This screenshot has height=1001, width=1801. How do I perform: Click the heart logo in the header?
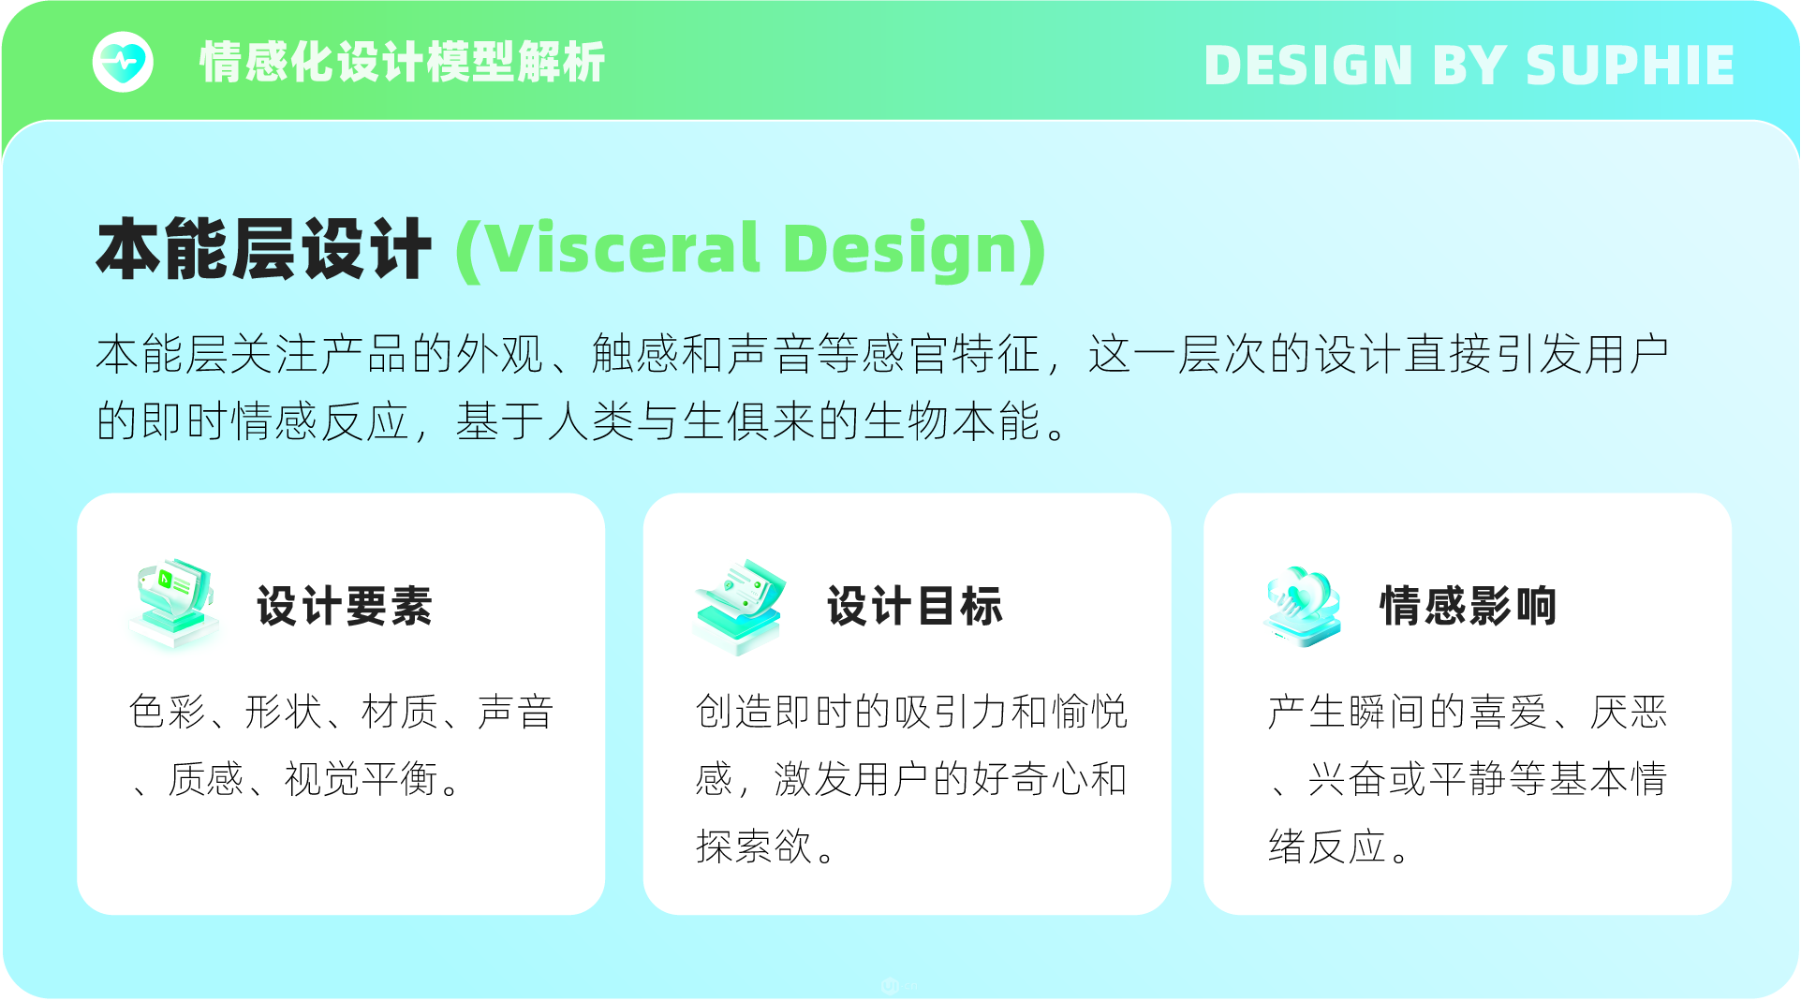pyautogui.click(x=123, y=63)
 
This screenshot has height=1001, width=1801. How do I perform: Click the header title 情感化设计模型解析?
pyautogui.click(x=403, y=63)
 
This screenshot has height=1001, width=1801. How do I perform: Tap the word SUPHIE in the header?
pyautogui.click(x=1631, y=66)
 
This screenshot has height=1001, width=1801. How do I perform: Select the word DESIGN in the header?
pyautogui.click(x=1308, y=66)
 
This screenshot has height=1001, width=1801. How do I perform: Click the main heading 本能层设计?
pyautogui.click(x=264, y=249)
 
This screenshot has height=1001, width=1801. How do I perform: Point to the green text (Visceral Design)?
pyautogui.click(x=751, y=251)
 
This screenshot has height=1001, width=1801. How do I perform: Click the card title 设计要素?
pyautogui.click(x=345, y=606)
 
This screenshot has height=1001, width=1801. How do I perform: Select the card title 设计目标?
pyautogui.click(x=915, y=606)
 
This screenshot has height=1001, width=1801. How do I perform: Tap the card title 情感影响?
pyautogui.click(x=1469, y=606)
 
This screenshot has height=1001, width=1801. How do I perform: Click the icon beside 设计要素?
pyautogui.click(x=174, y=604)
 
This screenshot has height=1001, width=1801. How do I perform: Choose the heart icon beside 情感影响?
pyautogui.click(x=1303, y=607)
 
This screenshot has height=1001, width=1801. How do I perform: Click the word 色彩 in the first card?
pyautogui.click(x=168, y=712)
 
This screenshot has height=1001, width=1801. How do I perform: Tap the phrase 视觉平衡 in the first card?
pyautogui.click(x=362, y=779)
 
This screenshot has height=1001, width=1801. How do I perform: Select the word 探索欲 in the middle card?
pyautogui.click(x=754, y=846)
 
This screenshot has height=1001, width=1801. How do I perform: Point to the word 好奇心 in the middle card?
pyautogui.click(x=1030, y=779)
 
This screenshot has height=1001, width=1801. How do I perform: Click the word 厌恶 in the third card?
pyautogui.click(x=1629, y=712)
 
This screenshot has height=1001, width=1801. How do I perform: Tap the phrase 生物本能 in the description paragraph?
pyautogui.click(x=952, y=421)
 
